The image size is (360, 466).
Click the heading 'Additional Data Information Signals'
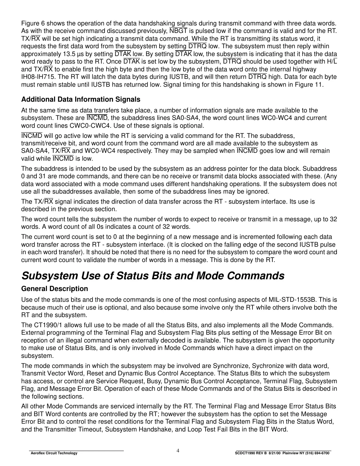click(x=81, y=99)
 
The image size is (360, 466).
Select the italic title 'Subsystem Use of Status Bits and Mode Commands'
click(x=153, y=276)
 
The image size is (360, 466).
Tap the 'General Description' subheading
click(x=54, y=289)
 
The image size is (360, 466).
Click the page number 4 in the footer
click(x=178, y=451)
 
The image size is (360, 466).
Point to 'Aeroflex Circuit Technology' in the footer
click(x=54, y=453)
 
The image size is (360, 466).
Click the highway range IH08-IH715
click(x=37, y=77)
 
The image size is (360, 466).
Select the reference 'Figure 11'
click(x=310, y=85)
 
